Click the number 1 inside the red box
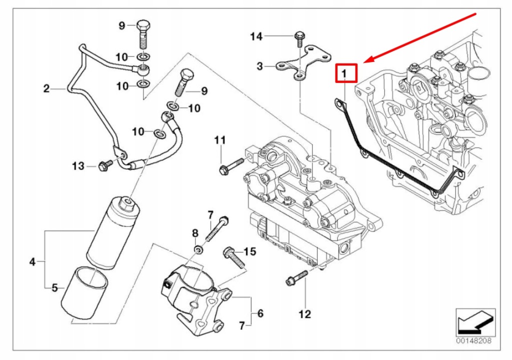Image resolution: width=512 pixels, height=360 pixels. point(344,73)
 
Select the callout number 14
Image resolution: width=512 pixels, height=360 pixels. point(256,36)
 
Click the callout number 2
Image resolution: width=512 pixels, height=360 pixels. point(46,89)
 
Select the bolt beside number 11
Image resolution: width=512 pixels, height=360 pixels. point(230,165)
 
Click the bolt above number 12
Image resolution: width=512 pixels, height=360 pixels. point(296,277)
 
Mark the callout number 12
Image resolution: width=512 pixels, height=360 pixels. point(304,314)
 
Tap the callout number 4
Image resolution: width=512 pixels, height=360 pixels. point(32,261)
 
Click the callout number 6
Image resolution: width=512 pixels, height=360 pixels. point(260,313)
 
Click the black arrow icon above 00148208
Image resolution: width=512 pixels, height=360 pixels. point(474,322)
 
